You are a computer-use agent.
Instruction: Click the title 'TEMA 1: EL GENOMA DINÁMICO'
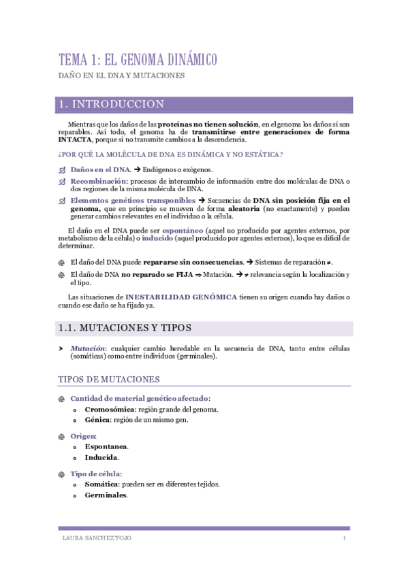138,60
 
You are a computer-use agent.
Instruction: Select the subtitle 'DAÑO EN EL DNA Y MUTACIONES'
121,76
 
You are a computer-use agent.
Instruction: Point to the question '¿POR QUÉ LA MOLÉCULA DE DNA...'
170,154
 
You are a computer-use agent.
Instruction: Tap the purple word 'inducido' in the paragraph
157,239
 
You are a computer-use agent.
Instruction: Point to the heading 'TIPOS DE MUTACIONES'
109,379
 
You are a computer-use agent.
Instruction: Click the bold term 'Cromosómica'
109,410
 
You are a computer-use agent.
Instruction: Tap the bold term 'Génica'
97,421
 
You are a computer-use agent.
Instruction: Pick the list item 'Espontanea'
106,446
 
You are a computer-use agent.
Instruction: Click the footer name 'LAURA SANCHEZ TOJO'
96,539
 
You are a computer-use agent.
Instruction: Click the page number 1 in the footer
345,539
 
